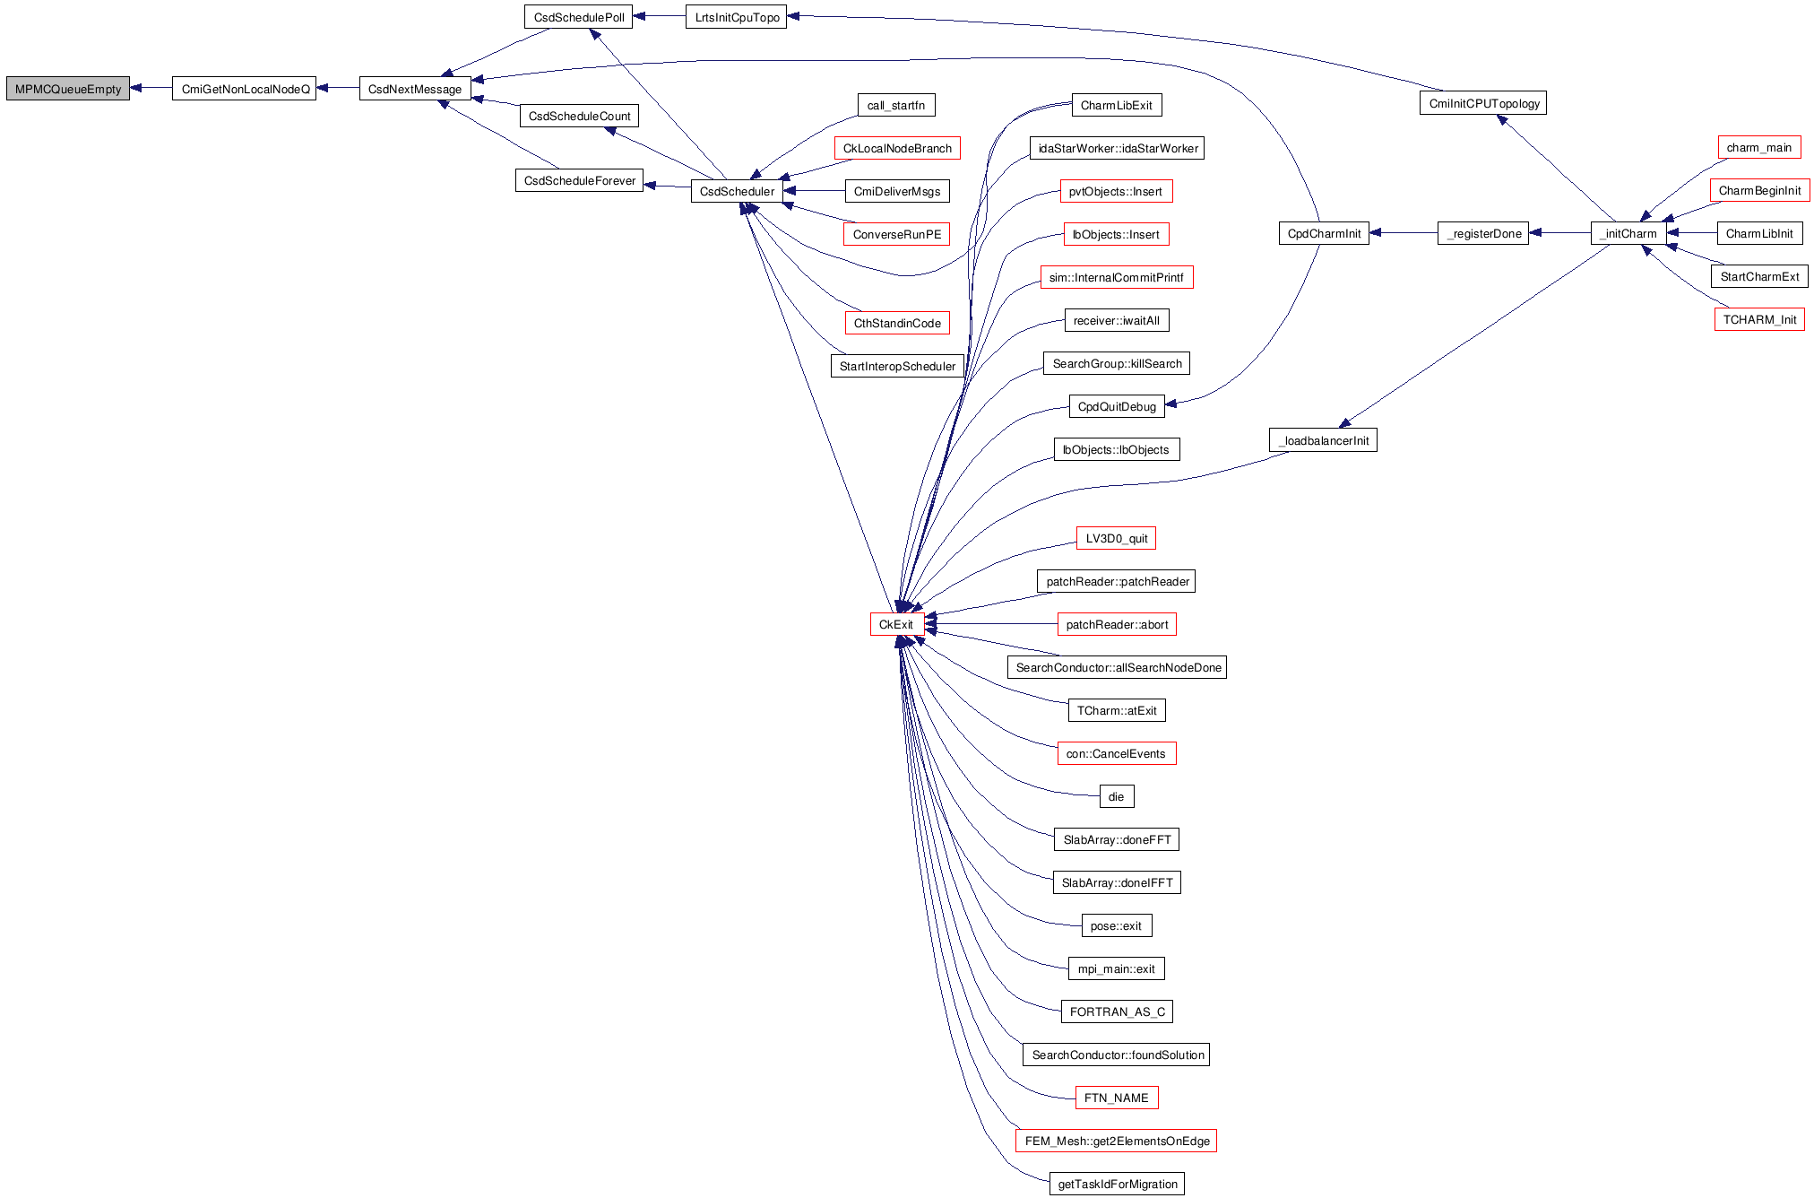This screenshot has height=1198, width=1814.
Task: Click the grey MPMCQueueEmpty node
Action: point(68,89)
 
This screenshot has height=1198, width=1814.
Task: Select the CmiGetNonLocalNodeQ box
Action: point(244,89)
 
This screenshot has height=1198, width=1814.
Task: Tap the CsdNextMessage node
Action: point(415,89)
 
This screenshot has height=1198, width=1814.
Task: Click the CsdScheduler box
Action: point(737,191)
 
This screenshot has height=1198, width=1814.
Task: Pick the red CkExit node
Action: point(896,624)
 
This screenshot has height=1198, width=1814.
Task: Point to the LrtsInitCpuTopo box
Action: point(736,17)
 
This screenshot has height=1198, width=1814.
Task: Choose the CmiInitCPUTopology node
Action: point(1482,103)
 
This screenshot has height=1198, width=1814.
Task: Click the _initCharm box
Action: point(1628,233)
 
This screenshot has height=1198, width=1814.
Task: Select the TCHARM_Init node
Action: point(1758,319)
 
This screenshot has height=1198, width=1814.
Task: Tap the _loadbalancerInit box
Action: point(1323,440)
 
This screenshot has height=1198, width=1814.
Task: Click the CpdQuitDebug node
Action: point(1116,406)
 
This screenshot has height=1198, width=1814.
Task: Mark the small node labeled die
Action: point(1116,796)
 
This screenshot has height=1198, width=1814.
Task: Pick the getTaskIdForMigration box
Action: point(1117,1184)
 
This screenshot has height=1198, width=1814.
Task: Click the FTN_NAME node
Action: point(1116,1098)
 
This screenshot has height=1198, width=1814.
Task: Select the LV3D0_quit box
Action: point(1116,538)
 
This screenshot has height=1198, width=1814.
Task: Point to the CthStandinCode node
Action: point(896,323)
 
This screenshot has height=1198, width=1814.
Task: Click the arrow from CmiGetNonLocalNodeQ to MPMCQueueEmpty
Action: point(151,88)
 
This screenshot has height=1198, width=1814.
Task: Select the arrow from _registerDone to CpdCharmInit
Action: point(1403,233)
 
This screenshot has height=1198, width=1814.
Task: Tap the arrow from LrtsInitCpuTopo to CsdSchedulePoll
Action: point(659,16)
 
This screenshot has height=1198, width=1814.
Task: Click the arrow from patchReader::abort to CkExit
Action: point(990,624)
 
